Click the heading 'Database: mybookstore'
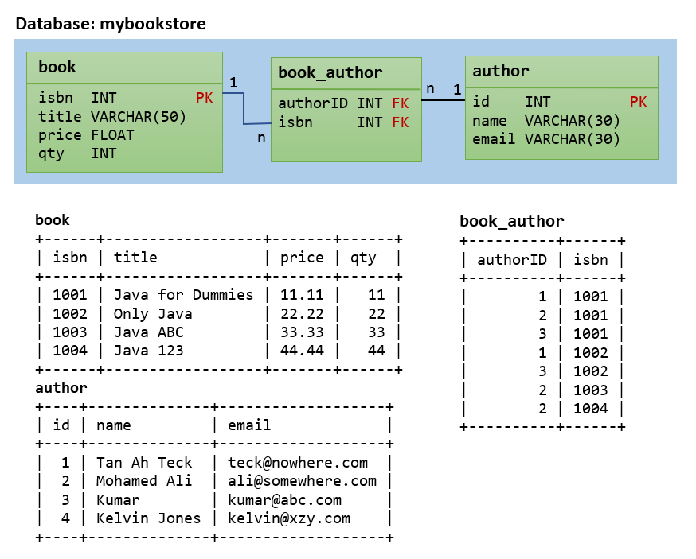click(111, 24)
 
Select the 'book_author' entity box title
click(330, 73)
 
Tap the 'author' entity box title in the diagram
click(500, 71)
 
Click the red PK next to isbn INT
click(205, 98)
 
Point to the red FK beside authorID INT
click(400, 103)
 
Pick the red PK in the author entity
click(638, 102)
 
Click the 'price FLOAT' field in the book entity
click(86, 135)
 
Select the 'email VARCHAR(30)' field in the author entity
click(545, 139)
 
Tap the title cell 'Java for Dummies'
click(183, 295)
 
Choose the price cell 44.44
click(302, 351)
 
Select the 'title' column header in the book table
click(135, 258)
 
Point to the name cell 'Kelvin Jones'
click(149, 518)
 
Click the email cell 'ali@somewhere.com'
click(302, 481)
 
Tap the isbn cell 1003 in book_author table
click(590, 390)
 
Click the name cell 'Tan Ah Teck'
click(144, 463)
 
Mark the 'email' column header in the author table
click(249, 425)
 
